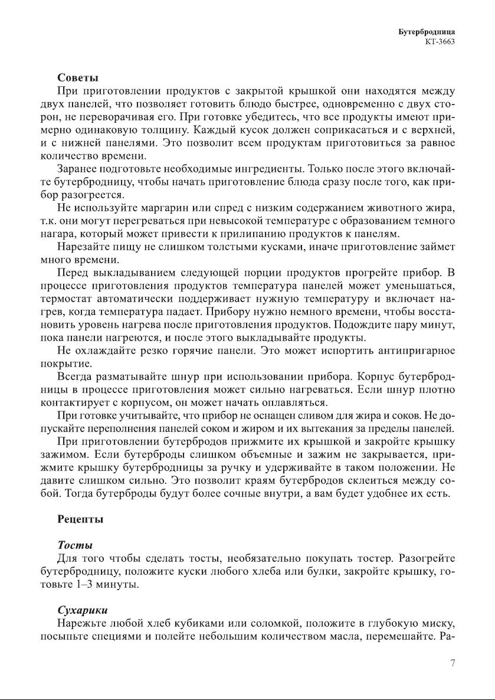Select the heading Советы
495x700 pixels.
point(77,77)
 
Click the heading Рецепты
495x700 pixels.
point(80,519)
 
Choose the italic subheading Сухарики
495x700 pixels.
point(82,610)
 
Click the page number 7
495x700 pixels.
point(452,663)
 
